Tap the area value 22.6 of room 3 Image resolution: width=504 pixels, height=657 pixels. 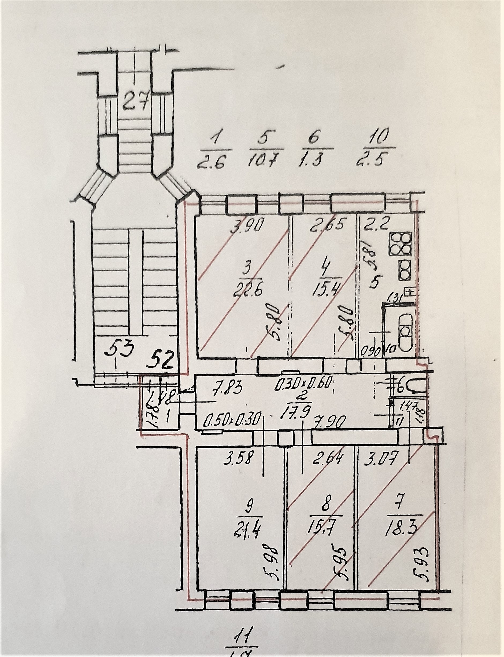246,290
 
